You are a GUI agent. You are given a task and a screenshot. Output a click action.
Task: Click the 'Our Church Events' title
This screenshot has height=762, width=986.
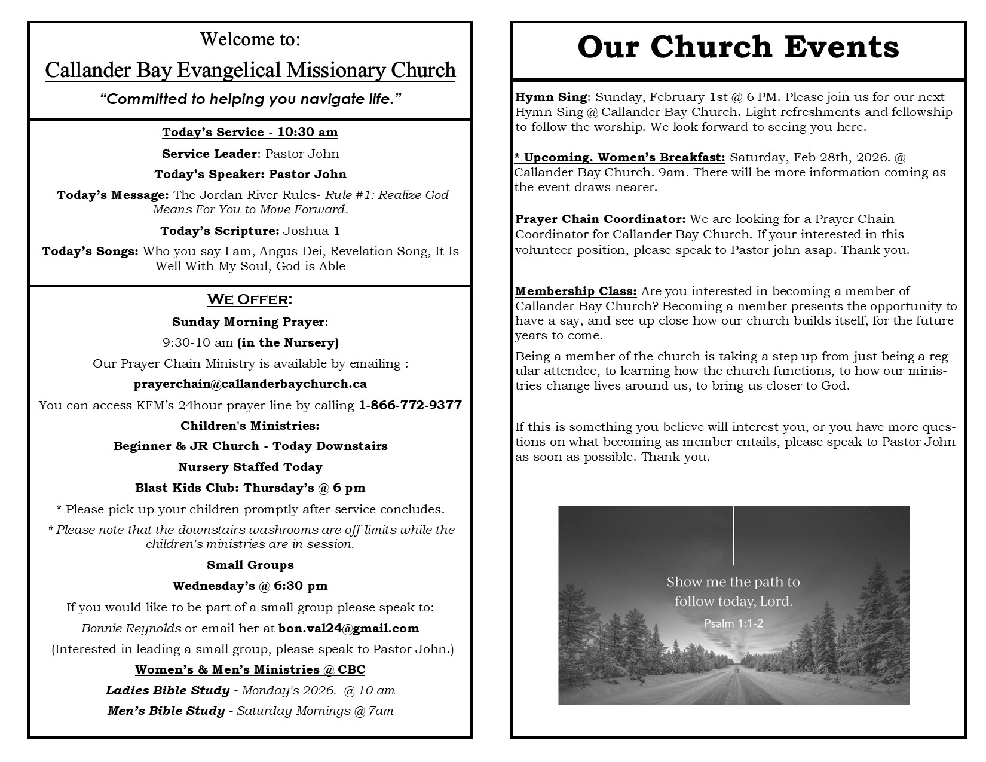738,47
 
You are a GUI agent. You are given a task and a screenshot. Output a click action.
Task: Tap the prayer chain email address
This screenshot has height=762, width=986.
250,384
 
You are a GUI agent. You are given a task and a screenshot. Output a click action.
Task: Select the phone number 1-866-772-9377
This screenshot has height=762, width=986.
410,405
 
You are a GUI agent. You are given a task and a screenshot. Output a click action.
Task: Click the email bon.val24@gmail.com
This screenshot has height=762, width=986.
348,628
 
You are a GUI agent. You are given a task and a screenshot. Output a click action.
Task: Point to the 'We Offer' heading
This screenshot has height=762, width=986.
250,299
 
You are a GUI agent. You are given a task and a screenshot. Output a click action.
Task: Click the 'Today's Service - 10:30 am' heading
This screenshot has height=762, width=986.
250,132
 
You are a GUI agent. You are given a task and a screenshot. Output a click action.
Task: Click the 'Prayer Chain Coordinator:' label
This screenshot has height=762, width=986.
600,219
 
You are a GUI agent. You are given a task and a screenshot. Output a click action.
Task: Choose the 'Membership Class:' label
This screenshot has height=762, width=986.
576,291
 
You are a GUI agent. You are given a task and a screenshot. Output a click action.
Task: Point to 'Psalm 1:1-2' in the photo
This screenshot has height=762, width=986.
733,623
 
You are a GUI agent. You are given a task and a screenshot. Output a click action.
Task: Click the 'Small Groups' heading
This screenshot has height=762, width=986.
250,565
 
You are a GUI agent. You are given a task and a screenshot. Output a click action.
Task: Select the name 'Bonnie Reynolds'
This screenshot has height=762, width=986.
131,628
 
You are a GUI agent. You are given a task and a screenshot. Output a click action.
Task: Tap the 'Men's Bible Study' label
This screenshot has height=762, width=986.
166,711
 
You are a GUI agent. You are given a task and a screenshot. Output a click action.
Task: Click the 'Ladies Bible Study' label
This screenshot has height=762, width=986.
167,690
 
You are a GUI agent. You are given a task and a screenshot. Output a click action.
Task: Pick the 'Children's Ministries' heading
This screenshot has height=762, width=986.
248,426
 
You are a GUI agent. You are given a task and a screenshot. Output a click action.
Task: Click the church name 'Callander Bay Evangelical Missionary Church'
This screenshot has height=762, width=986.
250,71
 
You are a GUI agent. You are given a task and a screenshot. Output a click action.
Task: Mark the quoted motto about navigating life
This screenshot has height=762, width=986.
250,99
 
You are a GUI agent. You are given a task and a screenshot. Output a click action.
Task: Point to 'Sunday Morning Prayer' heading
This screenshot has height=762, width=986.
248,322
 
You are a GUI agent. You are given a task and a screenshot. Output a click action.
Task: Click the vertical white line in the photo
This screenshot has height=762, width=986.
733,535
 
